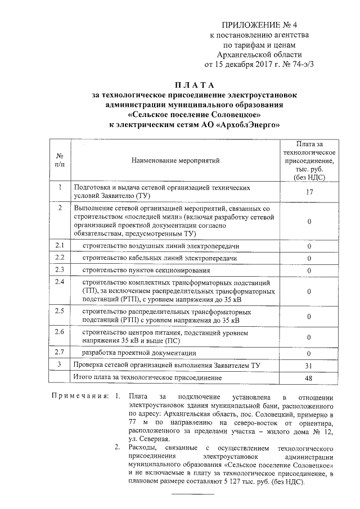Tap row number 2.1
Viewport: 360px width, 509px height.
tap(60, 246)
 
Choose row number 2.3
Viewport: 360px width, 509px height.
tap(60, 269)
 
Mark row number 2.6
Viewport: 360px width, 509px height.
tap(60, 331)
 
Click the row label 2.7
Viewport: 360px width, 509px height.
tap(60, 352)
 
